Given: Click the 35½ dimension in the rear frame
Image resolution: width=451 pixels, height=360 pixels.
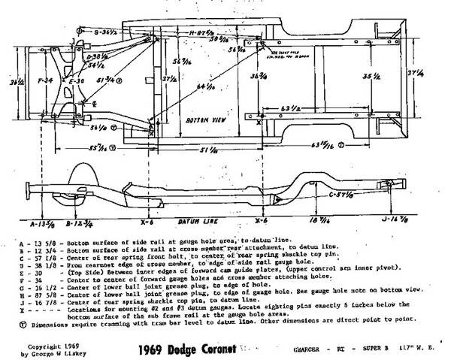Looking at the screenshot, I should (367, 76).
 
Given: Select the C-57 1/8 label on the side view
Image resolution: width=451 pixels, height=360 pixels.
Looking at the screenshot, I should (343, 195).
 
